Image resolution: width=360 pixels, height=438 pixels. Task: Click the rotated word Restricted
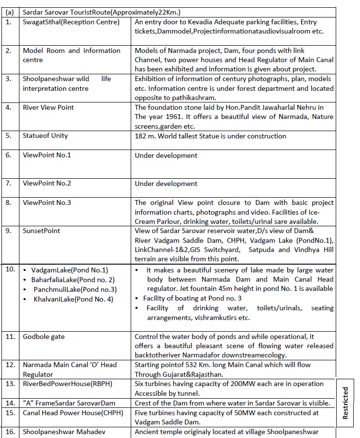pos(345,403)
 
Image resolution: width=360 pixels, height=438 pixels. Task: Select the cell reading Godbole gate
pos(44,337)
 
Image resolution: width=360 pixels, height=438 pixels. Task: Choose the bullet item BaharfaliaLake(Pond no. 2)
pos(69,280)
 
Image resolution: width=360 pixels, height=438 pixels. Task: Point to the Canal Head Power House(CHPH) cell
pos(73,413)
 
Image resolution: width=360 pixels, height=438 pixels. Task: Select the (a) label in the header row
pos(9,12)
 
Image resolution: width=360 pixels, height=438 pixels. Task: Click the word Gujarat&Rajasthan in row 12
pos(197,374)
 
